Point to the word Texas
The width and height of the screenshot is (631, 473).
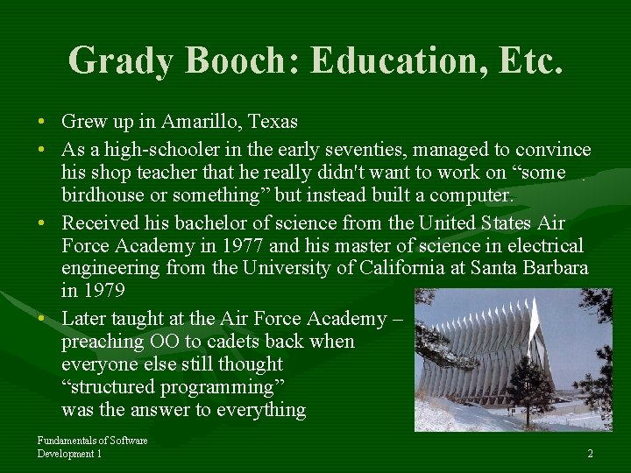pos(271,122)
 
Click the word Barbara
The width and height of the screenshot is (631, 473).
pos(556,268)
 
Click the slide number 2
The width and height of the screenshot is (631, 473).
pos(590,454)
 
